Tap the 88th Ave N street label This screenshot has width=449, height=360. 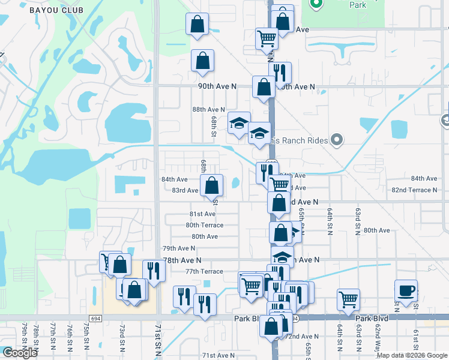pyautogui.click(x=208, y=109)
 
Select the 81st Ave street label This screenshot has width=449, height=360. pyautogui.click(x=202, y=214)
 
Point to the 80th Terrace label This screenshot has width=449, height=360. pyautogui.click(x=204, y=225)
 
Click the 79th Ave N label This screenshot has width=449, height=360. pyautogui.click(x=179, y=248)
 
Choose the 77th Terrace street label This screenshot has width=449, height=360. pyautogui.click(x=203, y=271)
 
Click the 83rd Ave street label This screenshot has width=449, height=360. pyautogui.click(x=185, y=190)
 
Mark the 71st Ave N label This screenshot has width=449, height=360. pyautogui.click(x=218, y=355)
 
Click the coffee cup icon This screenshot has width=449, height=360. pyautogui.click(x=406, y=290)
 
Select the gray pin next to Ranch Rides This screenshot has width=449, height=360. pyautogui.click(x=337, y=140)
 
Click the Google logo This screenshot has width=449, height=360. pyautogui.click(x=20, y=353)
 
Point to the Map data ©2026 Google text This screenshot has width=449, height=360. pyautogui.click(x=412, y=355)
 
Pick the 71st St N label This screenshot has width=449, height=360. pyautogui.click(x=158, y=340)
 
